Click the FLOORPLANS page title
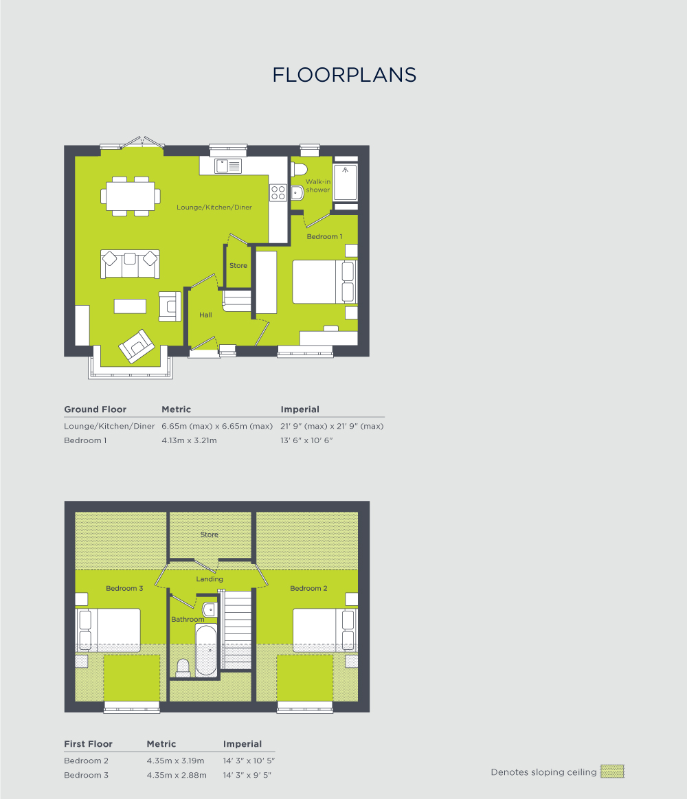pyautogui.click(x=344, y=75)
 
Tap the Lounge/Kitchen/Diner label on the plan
pyautogui.click(x=214, y=207)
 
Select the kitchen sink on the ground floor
pyautogui.click(x=228, y=166)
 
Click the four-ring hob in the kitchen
pyautogui.click(x=278, y=192)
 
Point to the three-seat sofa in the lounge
pyautogui.click(x=131, y=264)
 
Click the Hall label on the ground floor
pyautogui.click(x=205, y=315)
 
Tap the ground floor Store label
pyautogui.click(x=238, y=266)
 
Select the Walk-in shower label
pyautogui.click(x=318, y=185)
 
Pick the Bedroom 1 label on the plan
pyautogui.click(x=324, y=237)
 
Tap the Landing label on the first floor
pyautogui.click(x=210, y=579)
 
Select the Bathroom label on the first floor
pyautogui.click(x=188, y=620)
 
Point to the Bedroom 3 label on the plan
pyautogui.click(x=124, y=589)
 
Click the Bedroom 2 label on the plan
pyautogui.click(x=308, y=589)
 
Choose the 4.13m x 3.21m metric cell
pyautogui.click(x=189, y=440)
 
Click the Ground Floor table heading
pyautogui.click(x=95, y=409)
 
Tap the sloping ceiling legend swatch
pyautogui.click(x=612, y=772)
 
